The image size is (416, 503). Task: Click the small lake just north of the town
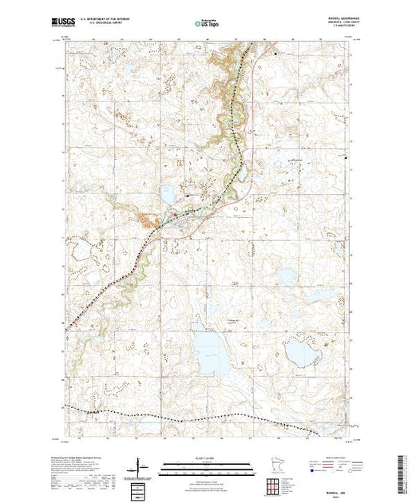pyautogui.click(x=168, y=193)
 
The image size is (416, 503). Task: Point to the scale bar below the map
pyautogui.click(x=207, y=464)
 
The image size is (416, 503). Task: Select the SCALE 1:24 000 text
pyautogui.click(x=207, y=457)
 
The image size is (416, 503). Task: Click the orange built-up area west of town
pyautogui.click(x=150, y=220)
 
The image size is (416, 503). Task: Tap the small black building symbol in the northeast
pyautogui.click(x=277, y=53)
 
